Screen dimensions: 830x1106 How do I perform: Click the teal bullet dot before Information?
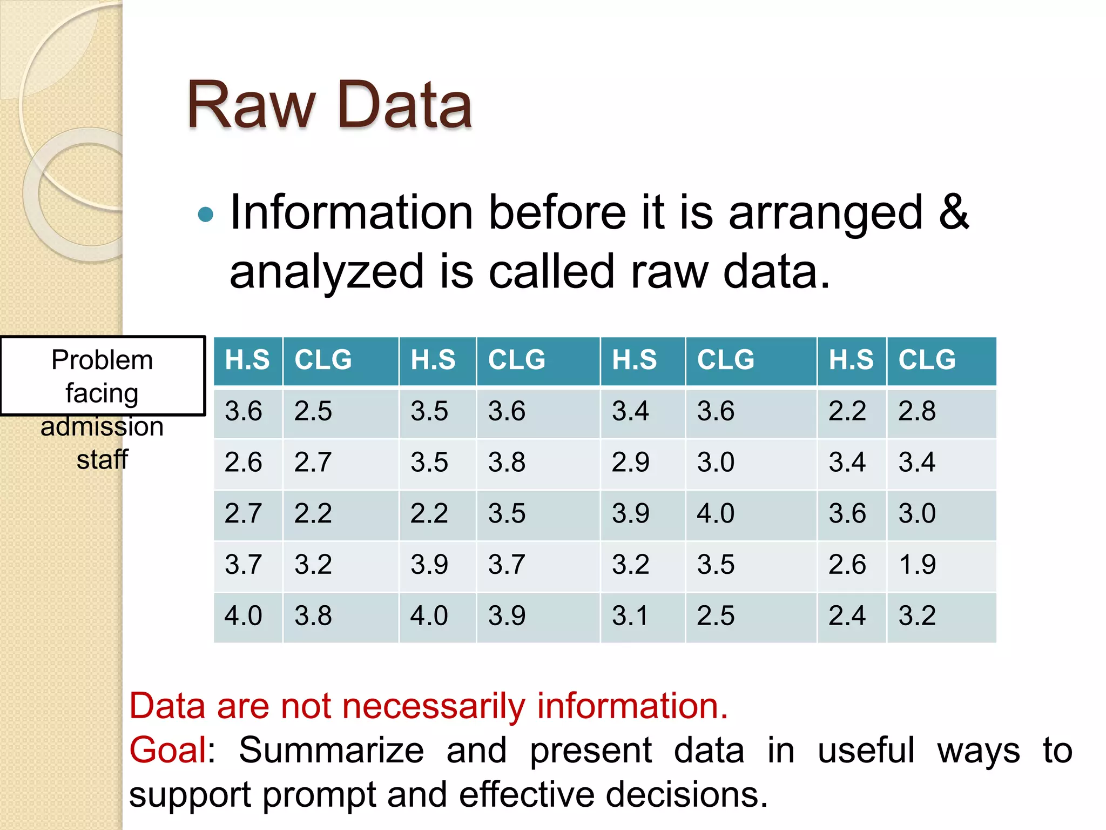pos(206,215)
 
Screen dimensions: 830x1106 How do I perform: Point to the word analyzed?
pos(327,272)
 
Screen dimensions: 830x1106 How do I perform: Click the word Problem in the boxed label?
pos(102,360)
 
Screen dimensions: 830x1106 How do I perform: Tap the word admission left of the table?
pos(102,426)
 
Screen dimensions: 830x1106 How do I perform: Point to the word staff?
pos(102,460)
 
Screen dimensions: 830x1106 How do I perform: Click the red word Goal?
pos(168,751)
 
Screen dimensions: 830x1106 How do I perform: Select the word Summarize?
pos(331,751)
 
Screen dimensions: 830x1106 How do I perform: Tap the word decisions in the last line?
pos(686,795)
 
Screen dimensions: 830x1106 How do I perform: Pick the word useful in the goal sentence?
pos(866,751)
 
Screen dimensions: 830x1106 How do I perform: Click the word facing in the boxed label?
pos(102,393)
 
